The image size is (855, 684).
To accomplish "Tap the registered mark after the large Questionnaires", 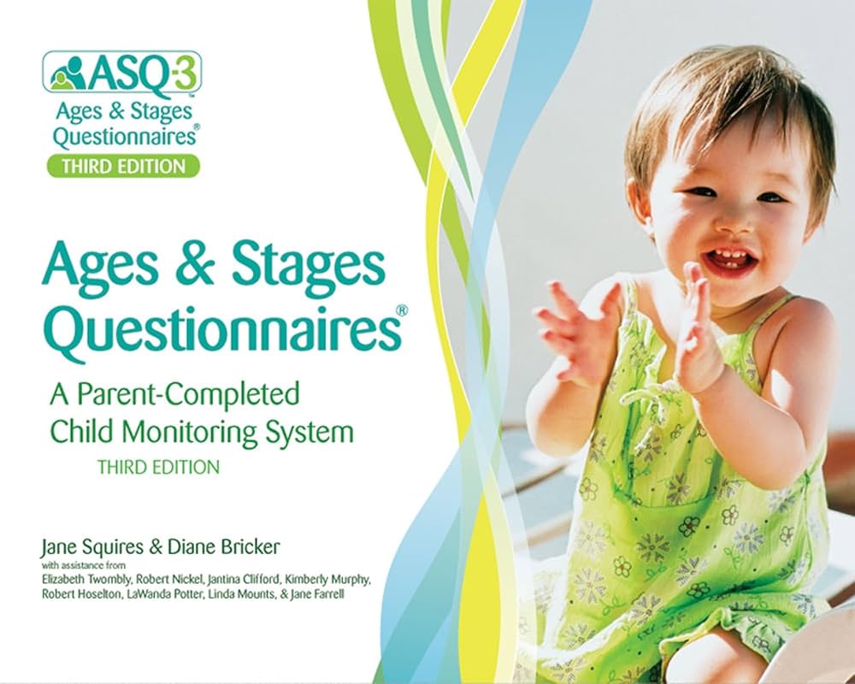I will tap(409, 304).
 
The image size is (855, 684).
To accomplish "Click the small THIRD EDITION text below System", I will tap(159, 468).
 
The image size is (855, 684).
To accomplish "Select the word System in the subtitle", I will tap(308, 432).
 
